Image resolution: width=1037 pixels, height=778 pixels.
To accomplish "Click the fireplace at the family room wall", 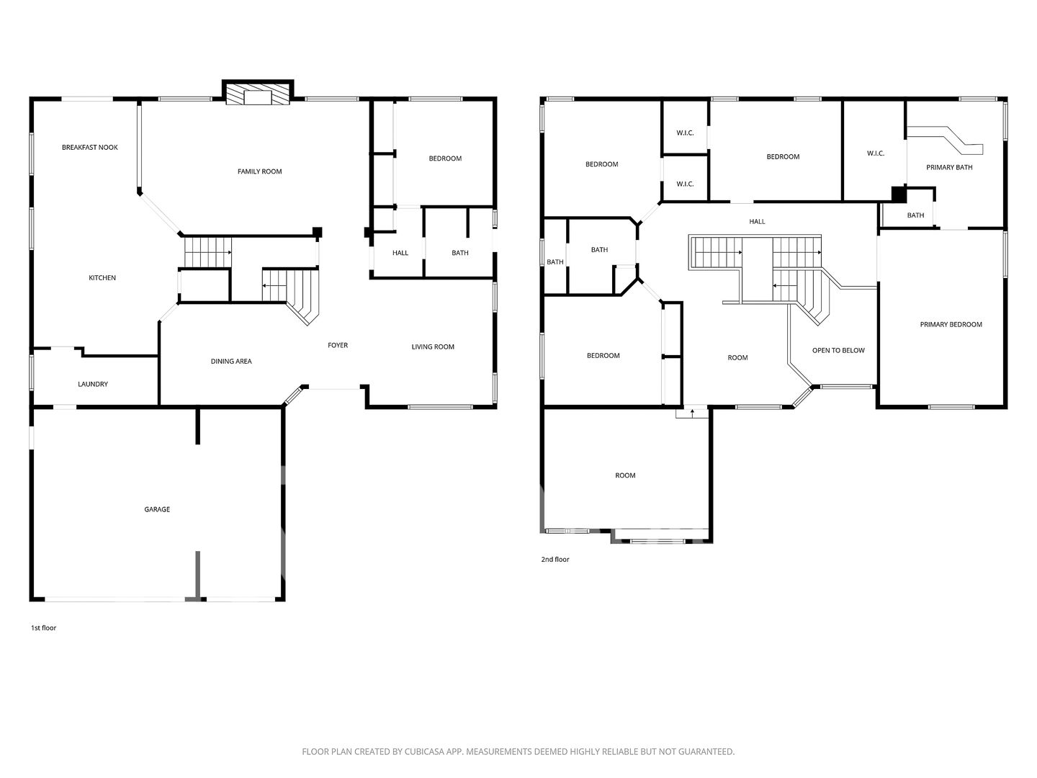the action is (258, 94).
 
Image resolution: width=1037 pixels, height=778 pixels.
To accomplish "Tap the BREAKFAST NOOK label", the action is (90, 148).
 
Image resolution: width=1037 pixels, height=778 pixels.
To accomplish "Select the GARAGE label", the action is (157, 509).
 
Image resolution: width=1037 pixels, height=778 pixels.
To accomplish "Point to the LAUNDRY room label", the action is (93, 384).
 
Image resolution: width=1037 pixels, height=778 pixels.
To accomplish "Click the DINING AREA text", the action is (231, 362).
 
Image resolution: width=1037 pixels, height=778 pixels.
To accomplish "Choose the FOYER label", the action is (337, 345).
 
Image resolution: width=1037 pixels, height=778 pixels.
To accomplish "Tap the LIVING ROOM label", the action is (433, 346).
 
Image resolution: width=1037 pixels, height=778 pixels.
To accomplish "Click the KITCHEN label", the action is (102, 278).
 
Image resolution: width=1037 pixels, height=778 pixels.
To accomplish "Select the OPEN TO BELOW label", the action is (838, 351).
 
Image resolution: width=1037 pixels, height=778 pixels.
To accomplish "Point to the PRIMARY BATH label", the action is (949, 167).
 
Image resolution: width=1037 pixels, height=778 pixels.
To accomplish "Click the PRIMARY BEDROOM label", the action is (951, 324).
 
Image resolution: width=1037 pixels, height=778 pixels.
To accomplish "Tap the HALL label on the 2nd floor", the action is (757, 222).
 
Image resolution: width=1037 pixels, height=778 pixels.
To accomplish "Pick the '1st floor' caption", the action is (43, 627).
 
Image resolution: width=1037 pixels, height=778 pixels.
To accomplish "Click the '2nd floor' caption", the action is (555, 559).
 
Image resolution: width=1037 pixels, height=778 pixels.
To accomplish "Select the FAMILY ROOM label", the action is (259, 171).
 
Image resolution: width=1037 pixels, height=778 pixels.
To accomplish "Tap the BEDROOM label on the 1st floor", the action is (445, 158).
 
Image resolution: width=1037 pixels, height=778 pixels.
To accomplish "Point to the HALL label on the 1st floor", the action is (400, 253).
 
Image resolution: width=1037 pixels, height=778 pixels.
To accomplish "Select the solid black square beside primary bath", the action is (899, 194).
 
